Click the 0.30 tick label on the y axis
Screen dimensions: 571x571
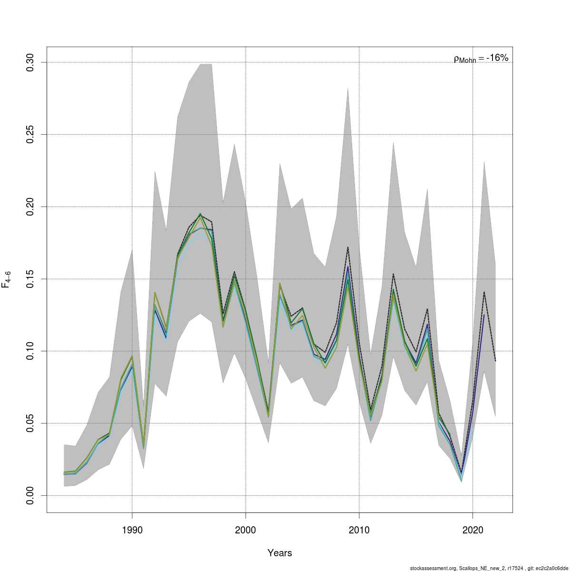point(30,62)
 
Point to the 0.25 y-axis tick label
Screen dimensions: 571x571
point(30,135)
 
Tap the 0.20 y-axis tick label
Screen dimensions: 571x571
point(30,207)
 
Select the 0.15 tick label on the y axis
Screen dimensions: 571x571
point(30,279)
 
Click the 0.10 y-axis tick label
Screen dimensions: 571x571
point(30,351)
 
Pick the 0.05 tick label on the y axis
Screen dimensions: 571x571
point(30,423)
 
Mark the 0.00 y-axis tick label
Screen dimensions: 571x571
point(30,495)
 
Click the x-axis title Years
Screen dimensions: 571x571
point(280,553)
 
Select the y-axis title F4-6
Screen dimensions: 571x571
point(7,279)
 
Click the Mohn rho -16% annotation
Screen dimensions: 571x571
point(481,59)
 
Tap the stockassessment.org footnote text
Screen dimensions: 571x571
point(489,568)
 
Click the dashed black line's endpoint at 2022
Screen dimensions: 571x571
point(495,361)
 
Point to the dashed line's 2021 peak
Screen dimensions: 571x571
point(484,292)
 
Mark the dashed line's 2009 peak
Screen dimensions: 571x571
point(348,247)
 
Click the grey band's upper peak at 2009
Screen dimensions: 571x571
point(348,88)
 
